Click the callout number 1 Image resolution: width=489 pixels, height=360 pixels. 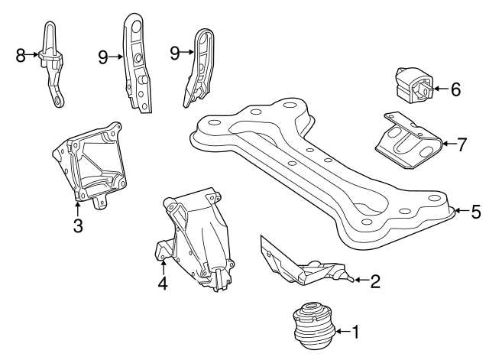[x=355, y=332]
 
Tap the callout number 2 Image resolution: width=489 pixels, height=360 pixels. [x=375, y=281]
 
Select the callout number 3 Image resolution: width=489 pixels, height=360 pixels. [x=78, y=225]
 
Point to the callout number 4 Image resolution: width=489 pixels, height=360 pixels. [x=163, y=283]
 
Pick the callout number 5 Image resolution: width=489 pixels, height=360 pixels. [x=476, y=212]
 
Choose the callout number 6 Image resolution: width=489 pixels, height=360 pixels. [x=455, y=89]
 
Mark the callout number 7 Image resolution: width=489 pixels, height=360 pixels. [x=461, y=144]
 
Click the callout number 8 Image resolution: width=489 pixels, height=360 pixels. [x=21, y=56]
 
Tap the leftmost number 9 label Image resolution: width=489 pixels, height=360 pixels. [x=103, y=57]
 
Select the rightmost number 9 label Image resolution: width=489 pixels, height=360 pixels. [x=175, y=53]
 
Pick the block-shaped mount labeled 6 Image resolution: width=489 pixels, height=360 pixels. [x=413, y=83]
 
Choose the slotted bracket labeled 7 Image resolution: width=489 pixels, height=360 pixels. [x=409, y=142]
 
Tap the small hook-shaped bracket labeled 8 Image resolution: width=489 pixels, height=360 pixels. [x=52, y=64]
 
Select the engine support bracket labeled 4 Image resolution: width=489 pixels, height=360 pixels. [x=196, y=238]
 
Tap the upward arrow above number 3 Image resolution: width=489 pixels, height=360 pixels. [x=77, y=209]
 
